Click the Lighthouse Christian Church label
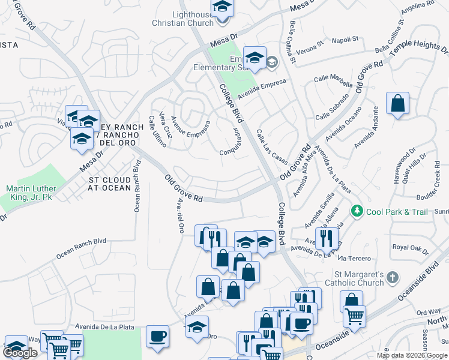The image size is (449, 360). click(184, 19)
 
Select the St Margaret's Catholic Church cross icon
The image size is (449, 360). click(392, 278)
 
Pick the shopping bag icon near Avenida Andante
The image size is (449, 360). click(397, 104)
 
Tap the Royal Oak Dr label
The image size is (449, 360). click(408, 247)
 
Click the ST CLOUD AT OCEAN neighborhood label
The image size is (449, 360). click(110, 184)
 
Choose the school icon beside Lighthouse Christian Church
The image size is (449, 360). click(223, 8)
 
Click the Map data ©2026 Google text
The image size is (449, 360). click(412, 355)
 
